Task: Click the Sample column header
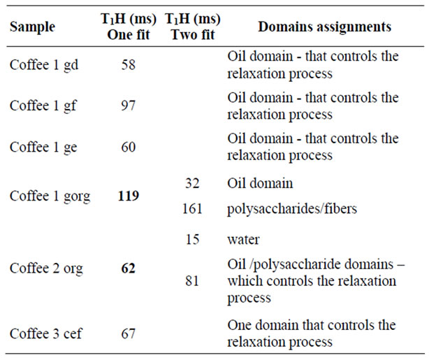(32, 27)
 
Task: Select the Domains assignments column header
(324, 27)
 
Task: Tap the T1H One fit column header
(129, 27)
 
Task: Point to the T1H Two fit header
(193, 27)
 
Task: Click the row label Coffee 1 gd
(44, 65)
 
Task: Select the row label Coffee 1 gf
(43, 106)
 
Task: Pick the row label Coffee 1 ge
(43, 147)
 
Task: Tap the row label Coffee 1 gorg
(50, 196)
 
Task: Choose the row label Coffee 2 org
(46, 268)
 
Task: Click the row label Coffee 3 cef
(45, 333)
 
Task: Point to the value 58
(129, 65)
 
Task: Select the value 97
(129, 106)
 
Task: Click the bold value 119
(129, 196)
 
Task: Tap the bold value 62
(129, 268)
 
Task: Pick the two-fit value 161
(192, 209)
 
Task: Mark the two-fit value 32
(192, 183)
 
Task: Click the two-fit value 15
(192, 239)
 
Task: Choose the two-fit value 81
(192, 281)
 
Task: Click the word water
(243, 240)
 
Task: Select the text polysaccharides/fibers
(292, 209)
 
